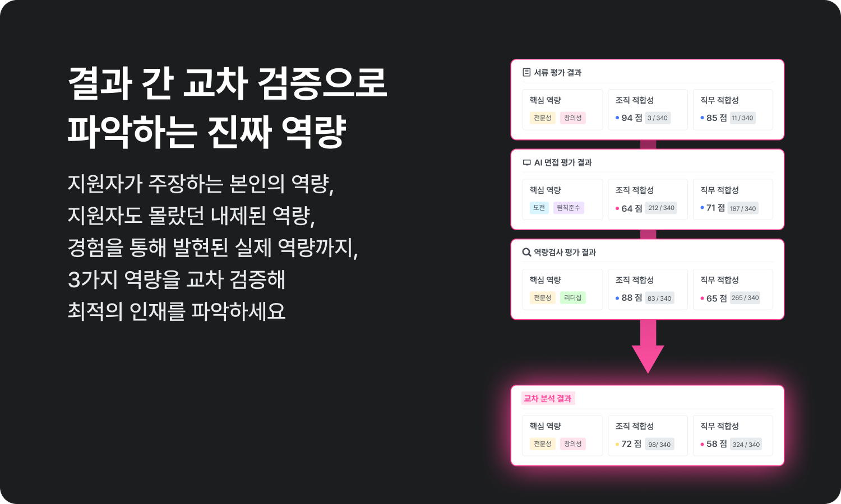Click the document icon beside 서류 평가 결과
coord(526,72)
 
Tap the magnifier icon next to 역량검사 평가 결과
coord(526,252)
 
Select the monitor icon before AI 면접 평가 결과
coord(526,162)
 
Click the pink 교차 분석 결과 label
coord(547,399)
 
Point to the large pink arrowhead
coord(648,358)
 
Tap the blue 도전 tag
coord(539,208)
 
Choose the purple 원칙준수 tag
coord(568,208)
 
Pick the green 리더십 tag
coord(572,298)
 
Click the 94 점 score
coord(631,118)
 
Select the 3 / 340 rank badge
coord(658,118)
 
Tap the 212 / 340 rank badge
coord(661,208)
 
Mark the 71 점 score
coord(715,208)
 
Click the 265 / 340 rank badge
coord(745,298)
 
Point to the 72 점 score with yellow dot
coord(631,444)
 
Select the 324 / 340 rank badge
coord(746,445)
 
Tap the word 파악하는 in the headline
coord(132,132)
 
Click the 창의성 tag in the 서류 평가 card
coord(572,118)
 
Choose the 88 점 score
coord(631,298)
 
